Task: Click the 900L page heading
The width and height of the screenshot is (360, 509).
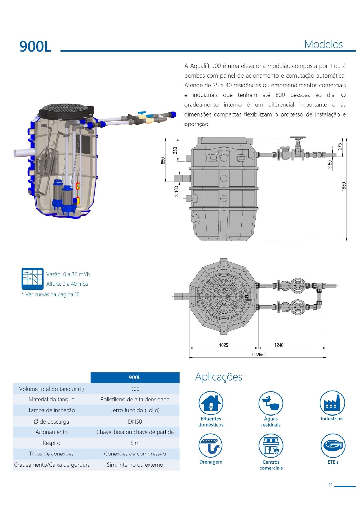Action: pyautogui.click(x=35, y=46)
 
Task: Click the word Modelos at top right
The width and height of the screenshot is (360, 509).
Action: pyautogui.click(x=323, y=44)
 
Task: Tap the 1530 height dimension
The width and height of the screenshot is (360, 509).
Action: pyautogui.click(x=344, y=186)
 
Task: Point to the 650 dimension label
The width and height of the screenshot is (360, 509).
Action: pyautogui.click(x=163, y=161)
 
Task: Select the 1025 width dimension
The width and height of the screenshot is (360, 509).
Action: pyautogui.click(x=223, y=345)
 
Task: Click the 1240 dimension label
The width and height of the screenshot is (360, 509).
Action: pyautogui.click(x=279, y=345)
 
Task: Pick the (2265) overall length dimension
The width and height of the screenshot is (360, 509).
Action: pyautogui.click(x=259, y=354)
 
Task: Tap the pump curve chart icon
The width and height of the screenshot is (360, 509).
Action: pyautogui.click(x=32, y=279)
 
